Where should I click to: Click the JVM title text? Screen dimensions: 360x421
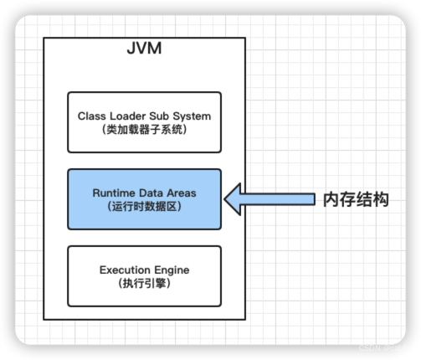pos(144,48)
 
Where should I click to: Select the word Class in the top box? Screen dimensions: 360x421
pos(92,116)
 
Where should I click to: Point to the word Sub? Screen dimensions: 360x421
pos(162,116)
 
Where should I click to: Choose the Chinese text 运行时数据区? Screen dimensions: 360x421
pos(144,207)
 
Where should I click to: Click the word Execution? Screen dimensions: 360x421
pos(126,270)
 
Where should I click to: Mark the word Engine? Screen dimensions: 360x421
pos(172,270)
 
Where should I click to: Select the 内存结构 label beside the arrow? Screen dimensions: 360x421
pos(356,199)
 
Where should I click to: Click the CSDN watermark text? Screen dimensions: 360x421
pos(371,347)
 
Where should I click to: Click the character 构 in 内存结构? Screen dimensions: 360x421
pos(382,199)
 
